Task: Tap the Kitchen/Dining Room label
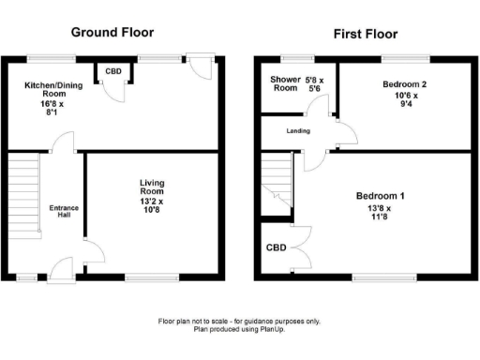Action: click(x=45, y=94)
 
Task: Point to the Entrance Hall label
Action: click(x=65, y=212)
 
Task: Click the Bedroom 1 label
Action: click(x=380, y=196)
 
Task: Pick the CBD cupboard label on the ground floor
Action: click(x=112, y=71)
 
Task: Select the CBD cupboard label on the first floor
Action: click(x=276, y=248)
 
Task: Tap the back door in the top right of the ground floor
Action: click(x=200, y=66)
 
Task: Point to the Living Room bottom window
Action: click(x=150, y=277)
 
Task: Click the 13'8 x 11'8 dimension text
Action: click(x=380, y=212)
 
